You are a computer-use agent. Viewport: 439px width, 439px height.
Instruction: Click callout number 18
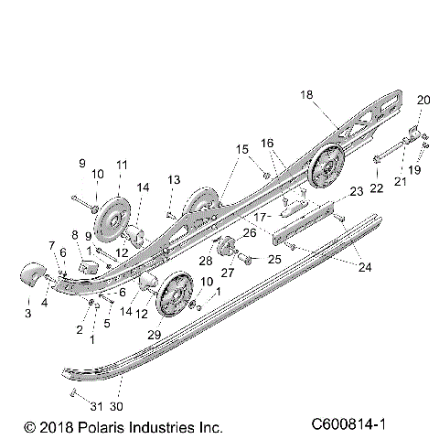[x=306, y=93]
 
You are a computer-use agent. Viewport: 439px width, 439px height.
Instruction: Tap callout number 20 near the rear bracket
[x=422, y=100]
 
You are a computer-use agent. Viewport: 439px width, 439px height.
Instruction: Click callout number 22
[x=374, y=188]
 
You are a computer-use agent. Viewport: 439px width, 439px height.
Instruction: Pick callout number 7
[x=51, y=245]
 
